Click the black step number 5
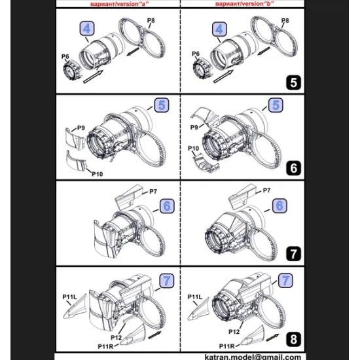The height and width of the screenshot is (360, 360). coord(293,82)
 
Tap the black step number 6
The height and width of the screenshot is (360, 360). coord(293,168)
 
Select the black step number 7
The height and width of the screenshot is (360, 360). coord(293,254)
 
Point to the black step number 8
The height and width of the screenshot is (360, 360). coord(293,339)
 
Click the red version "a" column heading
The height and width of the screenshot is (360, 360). coord(120,4)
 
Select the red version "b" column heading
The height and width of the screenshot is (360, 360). coord(245,4)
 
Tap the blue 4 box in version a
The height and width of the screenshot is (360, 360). coord(87,29)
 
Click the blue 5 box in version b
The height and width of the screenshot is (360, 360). coord(276,105)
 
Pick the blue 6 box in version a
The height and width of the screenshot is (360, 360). coord(167,206)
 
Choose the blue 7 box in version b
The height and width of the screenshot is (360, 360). coord(285,280)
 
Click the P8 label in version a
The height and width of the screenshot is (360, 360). coord(151,21)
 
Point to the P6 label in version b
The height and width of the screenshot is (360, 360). coord(196,54)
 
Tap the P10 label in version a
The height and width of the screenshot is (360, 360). coord(98,174)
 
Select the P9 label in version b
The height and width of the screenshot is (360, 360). coord(194,127)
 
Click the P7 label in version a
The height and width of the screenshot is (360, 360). coord(153,191)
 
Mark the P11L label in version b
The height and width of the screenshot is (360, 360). coord(195,297)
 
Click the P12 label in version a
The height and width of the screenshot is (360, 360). coord(116,338)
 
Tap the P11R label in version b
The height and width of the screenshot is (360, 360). coord(227,346)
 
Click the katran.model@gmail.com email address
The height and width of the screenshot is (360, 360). coord(253,357)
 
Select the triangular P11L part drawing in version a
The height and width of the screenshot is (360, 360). coord(77,308)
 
